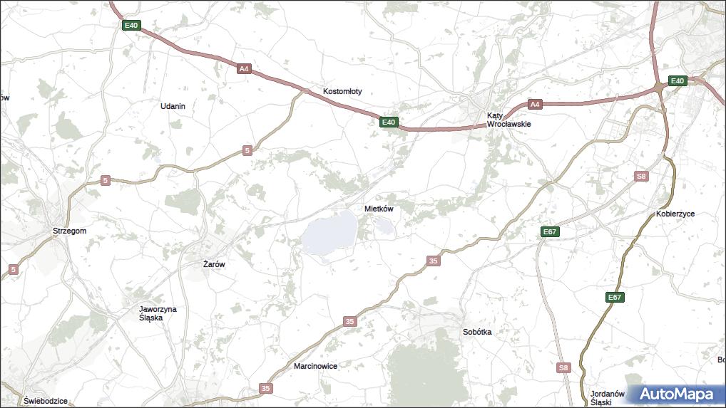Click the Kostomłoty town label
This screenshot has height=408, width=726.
click(x=342, y=91)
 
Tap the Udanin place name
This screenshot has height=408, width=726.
click(x=173, y=106)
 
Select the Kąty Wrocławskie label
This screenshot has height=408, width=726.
click(x=508, y=119)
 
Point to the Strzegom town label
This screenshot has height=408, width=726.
click(x=69, y=231)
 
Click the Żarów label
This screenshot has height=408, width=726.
click(x=214, y=264)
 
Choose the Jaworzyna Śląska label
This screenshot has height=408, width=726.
click(x=158, y=313)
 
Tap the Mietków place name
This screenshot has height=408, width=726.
click(x=379, y=209)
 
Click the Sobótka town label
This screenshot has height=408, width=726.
click(x=477, y=332)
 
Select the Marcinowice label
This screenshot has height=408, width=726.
click(x=315, y=366)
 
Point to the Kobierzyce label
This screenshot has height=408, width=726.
click(x=675, y=214)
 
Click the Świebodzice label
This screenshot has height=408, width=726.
click(x=45, y=401)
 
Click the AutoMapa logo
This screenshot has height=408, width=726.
click(x=676, y=394)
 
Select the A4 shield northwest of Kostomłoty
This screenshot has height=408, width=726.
click(x=244, y=69)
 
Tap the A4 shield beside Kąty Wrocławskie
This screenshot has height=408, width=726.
click(x=535, y=105)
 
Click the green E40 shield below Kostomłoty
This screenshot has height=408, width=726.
click(x=388, y=122)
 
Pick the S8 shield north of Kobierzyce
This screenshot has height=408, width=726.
click(x=642, y=176)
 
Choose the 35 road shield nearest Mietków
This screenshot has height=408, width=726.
click(x=434, y=261)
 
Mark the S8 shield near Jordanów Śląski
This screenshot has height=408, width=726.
click(x=563, y=367)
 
